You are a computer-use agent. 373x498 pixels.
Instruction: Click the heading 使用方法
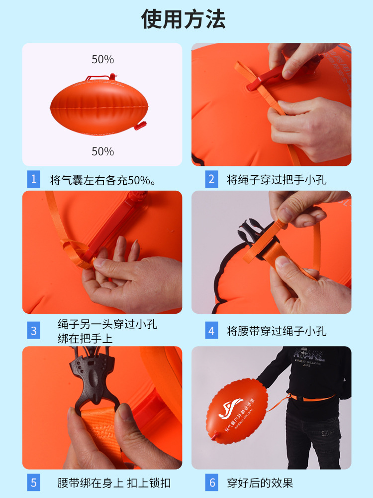184,19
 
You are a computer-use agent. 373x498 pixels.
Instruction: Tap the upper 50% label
102,59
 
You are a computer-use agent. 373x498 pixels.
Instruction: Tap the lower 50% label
102,151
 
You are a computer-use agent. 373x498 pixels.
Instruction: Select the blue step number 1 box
34,179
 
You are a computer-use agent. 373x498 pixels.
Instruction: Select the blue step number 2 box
212,179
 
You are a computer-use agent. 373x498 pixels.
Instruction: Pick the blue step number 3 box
34,331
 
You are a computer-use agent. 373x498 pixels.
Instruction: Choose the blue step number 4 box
212,331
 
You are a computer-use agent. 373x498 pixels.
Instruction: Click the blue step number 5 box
34,482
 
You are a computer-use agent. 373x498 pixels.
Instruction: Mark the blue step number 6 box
212,482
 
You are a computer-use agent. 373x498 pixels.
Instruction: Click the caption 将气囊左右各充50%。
103,180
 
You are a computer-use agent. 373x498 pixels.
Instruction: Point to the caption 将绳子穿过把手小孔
277,180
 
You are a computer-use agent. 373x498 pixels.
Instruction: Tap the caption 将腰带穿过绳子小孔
277,331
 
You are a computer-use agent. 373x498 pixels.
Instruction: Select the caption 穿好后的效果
260,483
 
